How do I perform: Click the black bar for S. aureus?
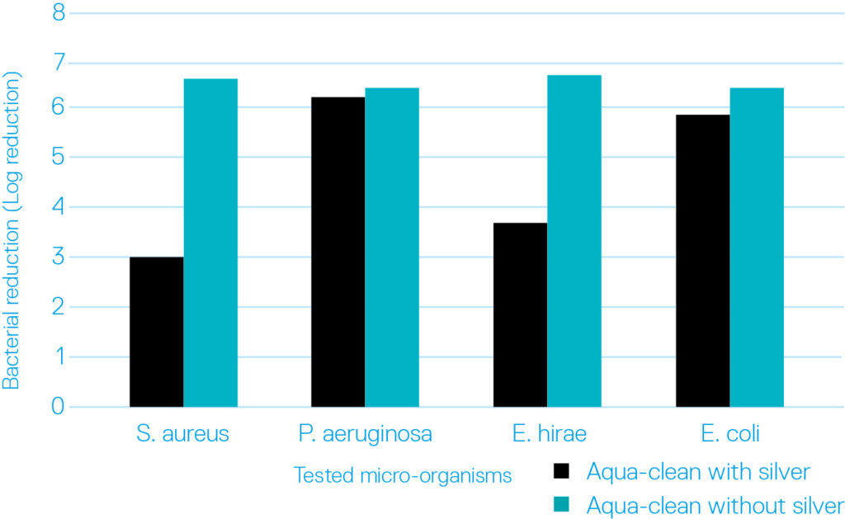pos(157,332)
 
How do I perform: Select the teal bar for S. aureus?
pos(210,243)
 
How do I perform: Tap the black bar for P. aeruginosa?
pos(338,252)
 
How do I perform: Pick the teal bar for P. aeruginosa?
pos(392,247)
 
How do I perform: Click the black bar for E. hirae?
pos(520,314)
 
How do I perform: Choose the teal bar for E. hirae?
pos(574,241)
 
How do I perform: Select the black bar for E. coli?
pos(702,261)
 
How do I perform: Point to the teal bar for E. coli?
pos(757,247)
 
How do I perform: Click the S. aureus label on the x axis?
pos(183,434)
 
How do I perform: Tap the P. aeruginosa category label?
pos(365,434)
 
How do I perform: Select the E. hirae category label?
pos(547,434)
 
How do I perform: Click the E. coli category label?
pos(729,434)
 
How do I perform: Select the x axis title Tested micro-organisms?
pos(402,476)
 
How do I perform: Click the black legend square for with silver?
pos(562,472)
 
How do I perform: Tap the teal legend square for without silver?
pos(562,505)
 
